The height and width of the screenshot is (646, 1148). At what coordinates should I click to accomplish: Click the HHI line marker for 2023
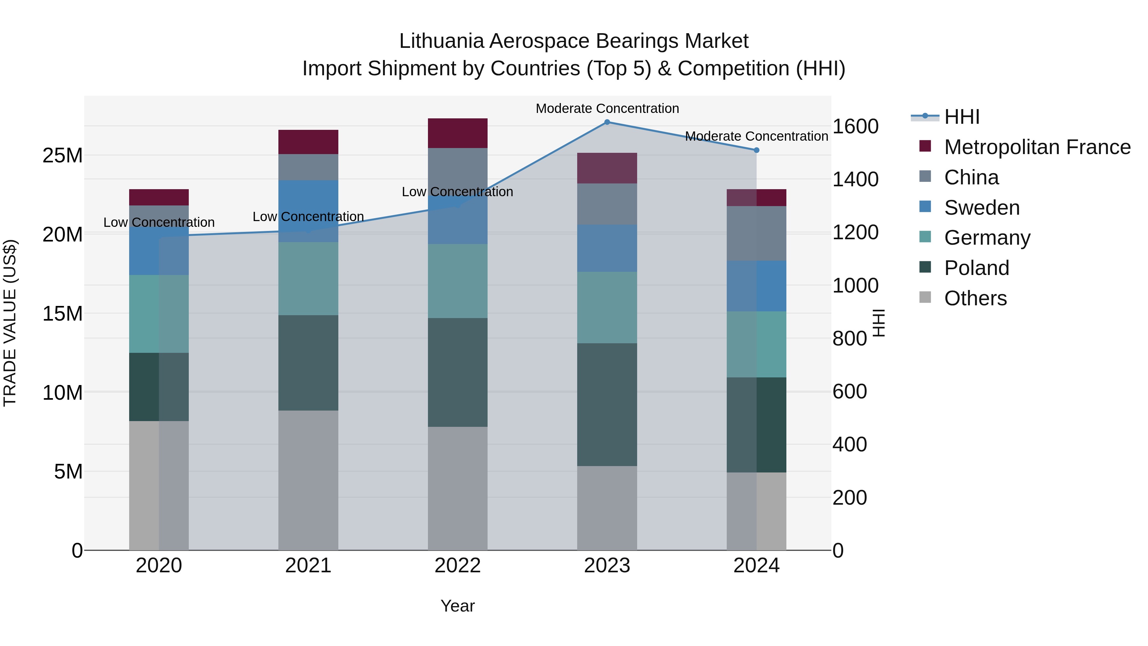607,122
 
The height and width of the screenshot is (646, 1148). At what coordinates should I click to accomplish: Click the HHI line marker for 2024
756,150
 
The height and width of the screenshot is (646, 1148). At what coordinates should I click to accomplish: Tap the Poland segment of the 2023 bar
607,405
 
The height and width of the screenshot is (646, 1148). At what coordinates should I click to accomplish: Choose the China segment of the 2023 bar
607,204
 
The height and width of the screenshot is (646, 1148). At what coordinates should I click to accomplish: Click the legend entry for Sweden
982,208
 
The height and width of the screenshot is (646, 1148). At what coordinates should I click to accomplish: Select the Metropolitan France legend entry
1037,147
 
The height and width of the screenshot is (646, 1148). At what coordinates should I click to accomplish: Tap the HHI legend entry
962,117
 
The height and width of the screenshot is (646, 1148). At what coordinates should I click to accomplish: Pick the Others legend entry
975,298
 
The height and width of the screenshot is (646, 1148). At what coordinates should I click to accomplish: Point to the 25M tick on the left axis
63,156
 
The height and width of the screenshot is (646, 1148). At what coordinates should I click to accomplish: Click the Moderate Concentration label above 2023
607,108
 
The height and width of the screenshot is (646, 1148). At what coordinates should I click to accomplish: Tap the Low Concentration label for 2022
457,192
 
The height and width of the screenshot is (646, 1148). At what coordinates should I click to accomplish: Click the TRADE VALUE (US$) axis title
10,323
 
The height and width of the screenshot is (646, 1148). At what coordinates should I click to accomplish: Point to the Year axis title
458,606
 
